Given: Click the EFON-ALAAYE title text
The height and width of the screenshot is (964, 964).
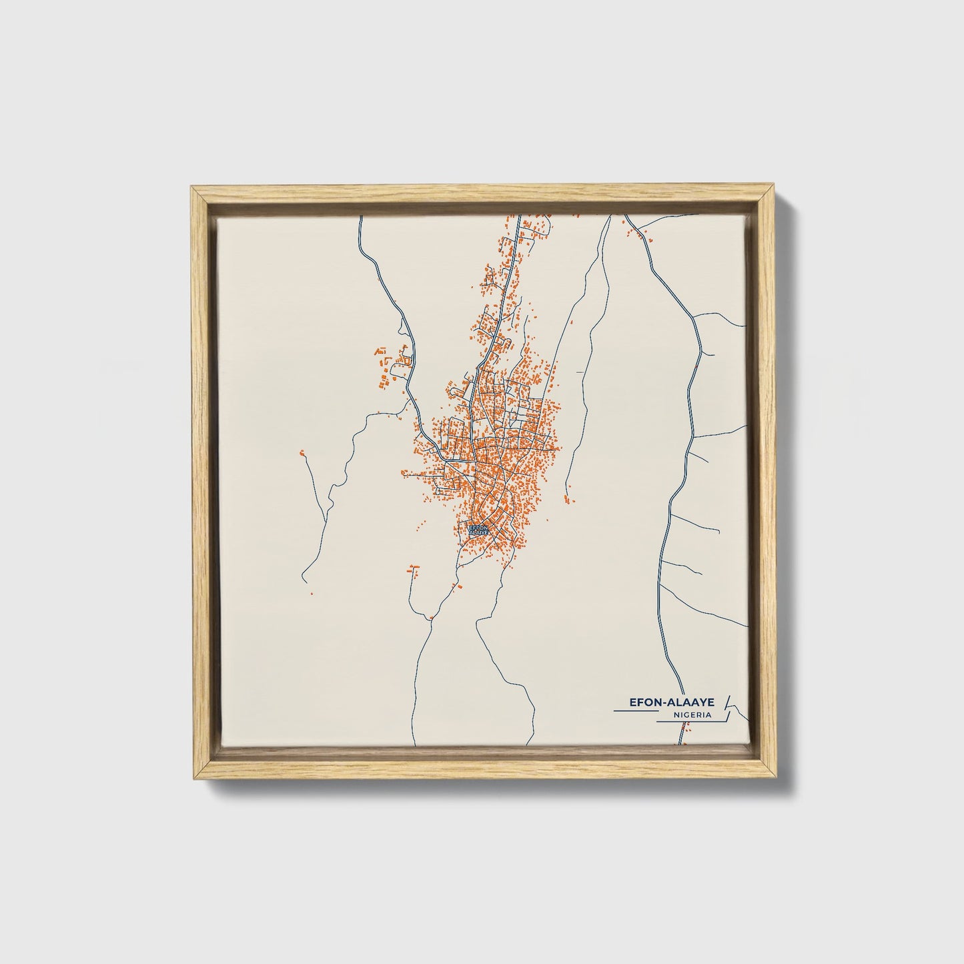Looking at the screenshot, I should [672, 703].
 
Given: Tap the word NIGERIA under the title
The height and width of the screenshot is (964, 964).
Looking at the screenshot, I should [692, 714].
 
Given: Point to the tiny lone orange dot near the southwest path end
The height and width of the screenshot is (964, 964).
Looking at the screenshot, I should [311, 592].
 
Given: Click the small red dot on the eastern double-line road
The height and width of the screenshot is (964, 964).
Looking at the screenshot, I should [696, 366].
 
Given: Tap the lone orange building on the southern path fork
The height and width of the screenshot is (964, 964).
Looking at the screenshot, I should [432, 618].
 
